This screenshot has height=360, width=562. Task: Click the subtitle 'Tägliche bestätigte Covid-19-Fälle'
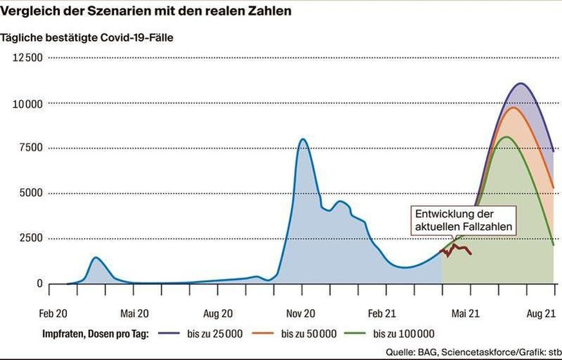pyautogui.click(x=87, y=37)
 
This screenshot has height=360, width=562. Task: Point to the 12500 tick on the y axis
pyautogui.click(x=28, y=58)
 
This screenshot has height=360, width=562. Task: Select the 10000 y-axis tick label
pyautogui.click(x=28, y=104)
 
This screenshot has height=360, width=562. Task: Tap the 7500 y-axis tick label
pyautogui.click(x=30, y=147)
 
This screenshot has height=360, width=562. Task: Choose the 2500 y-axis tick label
pyautogui.click(x=30, y=238)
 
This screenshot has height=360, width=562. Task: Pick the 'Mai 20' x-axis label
pyautogui.click(x=135, y=314)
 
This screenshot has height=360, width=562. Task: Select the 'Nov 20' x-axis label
pyautogui.click(x=300, y=314)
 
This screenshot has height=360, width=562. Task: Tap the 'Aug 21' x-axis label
pyautogui.click(x=541, y=314)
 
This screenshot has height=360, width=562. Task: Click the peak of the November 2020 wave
pyautogui.click(x=303, y=139)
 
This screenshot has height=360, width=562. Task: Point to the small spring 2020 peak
pyautogui.click(x=96, y=258)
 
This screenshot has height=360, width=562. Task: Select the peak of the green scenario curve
pyautogui.click(x=506, y=137)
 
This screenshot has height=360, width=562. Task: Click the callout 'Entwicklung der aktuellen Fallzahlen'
pyautogui.click(x=464, y=220)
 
